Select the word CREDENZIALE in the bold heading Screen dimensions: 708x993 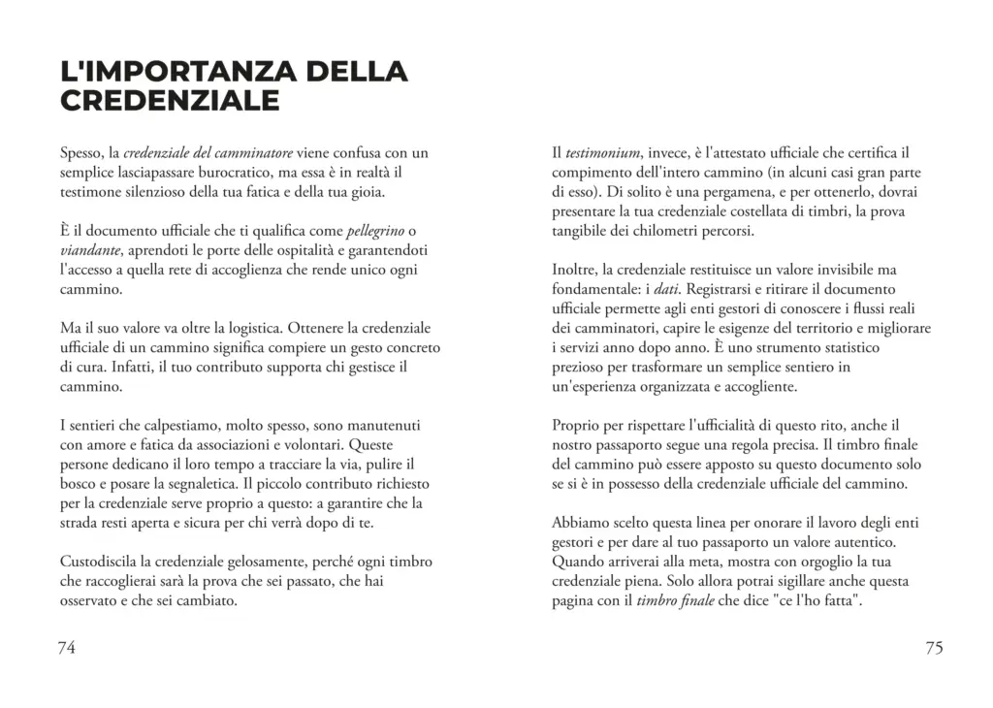tap(170, 101)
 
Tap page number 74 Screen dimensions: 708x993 tap(67, 649)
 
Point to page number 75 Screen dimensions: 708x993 tap(933, 649)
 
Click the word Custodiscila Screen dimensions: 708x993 tap(103, 562)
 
